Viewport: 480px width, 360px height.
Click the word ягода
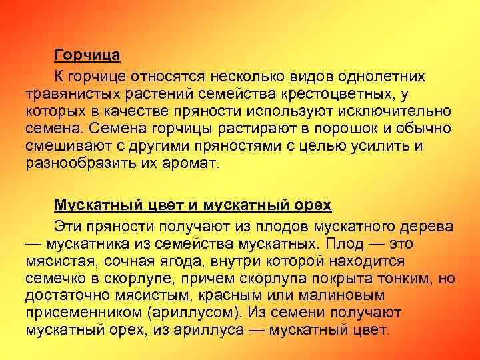pos(182,261)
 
